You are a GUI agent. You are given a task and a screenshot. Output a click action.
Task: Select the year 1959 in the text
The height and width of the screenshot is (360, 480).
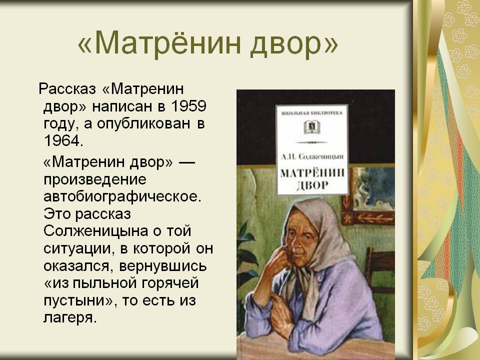coord(188,106)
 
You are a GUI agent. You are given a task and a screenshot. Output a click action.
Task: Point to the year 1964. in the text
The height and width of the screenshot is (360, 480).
coord(63,140)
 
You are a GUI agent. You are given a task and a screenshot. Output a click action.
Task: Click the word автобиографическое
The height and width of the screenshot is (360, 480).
coord(122,197)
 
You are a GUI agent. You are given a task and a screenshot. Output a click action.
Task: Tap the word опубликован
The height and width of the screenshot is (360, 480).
coord(144,123)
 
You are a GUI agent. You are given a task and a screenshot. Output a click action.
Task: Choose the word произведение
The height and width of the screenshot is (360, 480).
coord(95,180)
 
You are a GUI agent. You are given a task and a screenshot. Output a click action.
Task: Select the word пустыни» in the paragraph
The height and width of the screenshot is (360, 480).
coord(78,301)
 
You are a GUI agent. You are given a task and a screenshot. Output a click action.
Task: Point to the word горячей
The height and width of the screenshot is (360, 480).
coord(170,283)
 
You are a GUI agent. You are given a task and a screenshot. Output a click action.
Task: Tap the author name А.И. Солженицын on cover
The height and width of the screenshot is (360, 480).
coord(312,156)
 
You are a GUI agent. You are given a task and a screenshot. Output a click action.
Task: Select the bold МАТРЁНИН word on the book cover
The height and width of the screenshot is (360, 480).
coord(312,173)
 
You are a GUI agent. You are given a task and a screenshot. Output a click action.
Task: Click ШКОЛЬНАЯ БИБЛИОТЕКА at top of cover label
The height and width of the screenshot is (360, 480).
coord(312,113)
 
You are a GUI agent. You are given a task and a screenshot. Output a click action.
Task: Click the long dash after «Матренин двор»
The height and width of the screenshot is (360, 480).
coord(186,161)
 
